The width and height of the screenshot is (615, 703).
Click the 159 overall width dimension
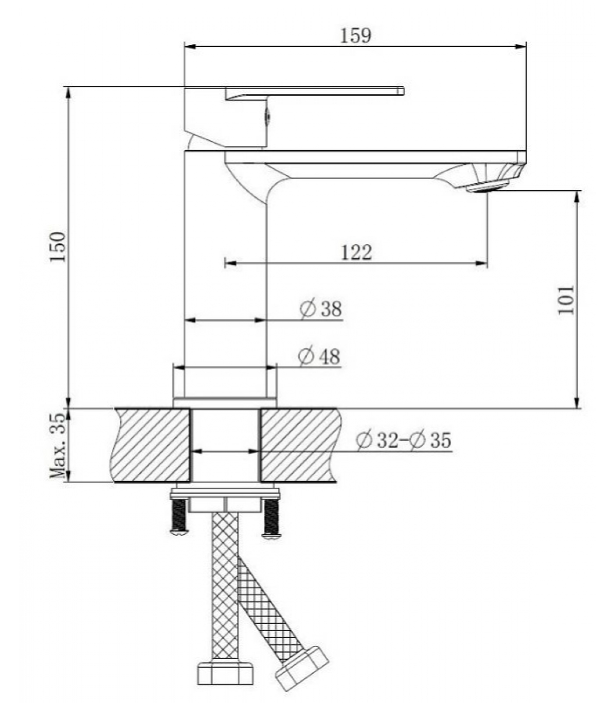(356, 36)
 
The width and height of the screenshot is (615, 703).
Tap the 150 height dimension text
(58, 247)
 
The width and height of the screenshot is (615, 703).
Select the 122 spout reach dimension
(356, 252)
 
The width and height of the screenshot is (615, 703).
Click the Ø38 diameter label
(321, 308)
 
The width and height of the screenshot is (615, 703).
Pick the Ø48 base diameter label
(319, 356)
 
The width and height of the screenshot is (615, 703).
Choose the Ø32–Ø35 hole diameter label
(404, 440)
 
